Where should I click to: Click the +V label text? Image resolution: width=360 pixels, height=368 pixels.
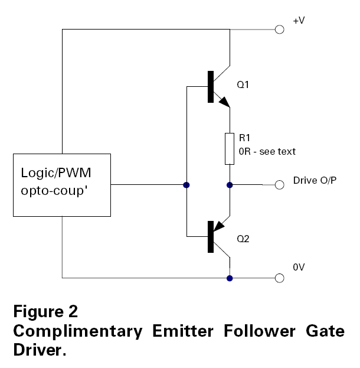(299, 21)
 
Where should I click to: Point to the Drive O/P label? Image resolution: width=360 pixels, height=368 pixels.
(315, 181)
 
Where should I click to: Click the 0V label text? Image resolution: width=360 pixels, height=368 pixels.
(299, 267)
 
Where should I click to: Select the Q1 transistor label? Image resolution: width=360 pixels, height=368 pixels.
(243, 84)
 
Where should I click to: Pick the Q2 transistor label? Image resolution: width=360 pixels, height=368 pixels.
(243, 239)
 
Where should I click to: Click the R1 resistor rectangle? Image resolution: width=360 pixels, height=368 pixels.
(230, 149)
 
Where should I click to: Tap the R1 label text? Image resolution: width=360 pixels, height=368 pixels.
(244, 138)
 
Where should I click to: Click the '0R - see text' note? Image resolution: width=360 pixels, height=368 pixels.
(267, 152)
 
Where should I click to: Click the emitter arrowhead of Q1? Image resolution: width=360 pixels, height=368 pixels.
(225, 102)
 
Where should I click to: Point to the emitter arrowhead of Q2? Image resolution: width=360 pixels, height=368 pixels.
(219, 226)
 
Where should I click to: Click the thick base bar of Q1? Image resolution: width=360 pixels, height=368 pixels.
(211, 87)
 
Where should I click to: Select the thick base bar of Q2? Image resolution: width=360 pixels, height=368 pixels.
(211, 237)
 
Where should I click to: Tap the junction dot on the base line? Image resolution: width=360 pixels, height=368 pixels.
(186, 185)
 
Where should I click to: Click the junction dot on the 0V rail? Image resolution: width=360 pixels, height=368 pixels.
(230, 278)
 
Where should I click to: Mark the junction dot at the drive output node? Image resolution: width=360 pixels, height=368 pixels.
(230, 185)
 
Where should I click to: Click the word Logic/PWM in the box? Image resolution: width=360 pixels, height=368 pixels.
(56, 173)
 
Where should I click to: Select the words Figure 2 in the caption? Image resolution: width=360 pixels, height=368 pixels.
(45, 311)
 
